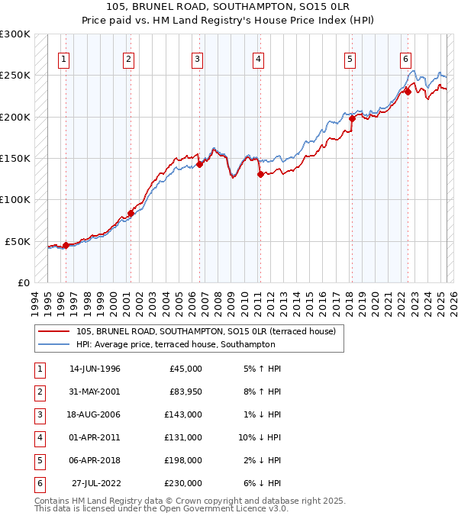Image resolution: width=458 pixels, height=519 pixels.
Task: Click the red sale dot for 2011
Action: pyautogui.click(x=260, y=174)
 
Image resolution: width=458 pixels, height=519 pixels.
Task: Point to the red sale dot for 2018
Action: pyautogui.click(x=352, y=118)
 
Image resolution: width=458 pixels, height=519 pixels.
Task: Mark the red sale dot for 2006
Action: pyautogui.click(x=199, y=163)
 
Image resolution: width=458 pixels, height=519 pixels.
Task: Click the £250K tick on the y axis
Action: pyautogui.click(x=16, y=76)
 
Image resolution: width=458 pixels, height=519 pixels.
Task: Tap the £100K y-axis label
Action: pyautogui.click(x=16, y=199)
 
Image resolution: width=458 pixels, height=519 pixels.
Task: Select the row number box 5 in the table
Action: pyautogui.click(x=38, y=460)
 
